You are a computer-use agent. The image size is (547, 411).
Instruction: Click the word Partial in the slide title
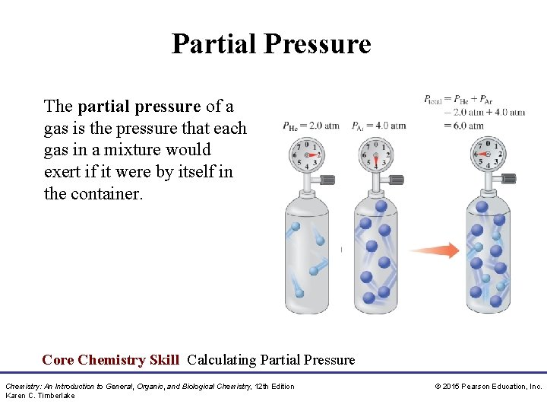pyautogui.click(x=214, y=44)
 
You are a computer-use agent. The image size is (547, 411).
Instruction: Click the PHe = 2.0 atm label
pyautogui.click(x=311, y=126)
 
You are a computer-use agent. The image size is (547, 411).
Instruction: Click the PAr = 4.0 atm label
pyautogui.click(x=379, y=126)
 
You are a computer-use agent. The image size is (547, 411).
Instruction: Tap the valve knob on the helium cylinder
pyautogui.click(x=327, y=180)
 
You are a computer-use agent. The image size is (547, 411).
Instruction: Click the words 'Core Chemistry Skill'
pyautogui.click(x=111, y=360)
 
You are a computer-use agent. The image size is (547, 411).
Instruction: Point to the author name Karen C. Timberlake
pyautogui.click(x=40, y=396)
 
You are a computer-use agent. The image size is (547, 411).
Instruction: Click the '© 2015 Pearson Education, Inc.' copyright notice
pyautogui.click(x=488, y=387)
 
